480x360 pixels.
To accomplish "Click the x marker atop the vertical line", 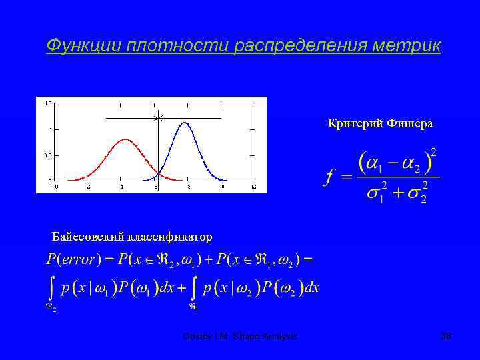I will pyautogui.click(x=158, y=119).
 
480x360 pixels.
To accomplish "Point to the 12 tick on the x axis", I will pyautogui.click(x=254, y=187).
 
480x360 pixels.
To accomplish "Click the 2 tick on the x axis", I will pyautogui.click(x=89, y=187).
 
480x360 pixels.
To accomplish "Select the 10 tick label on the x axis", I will pyautogui.click(x=221, y=187).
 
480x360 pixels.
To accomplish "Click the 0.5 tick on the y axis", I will pyautogui.click(x=47, y=155).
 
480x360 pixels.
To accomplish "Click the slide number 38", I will pyautogui.click(x=446, y=337).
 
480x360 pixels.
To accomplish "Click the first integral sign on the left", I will pyautogui.click(x=51, y=288).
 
